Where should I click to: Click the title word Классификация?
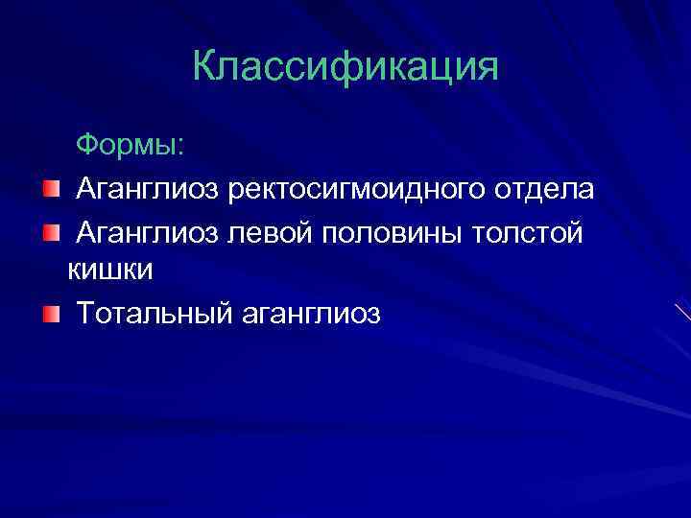click(x=345, y=67)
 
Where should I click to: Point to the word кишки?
click(x=111, y=271)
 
